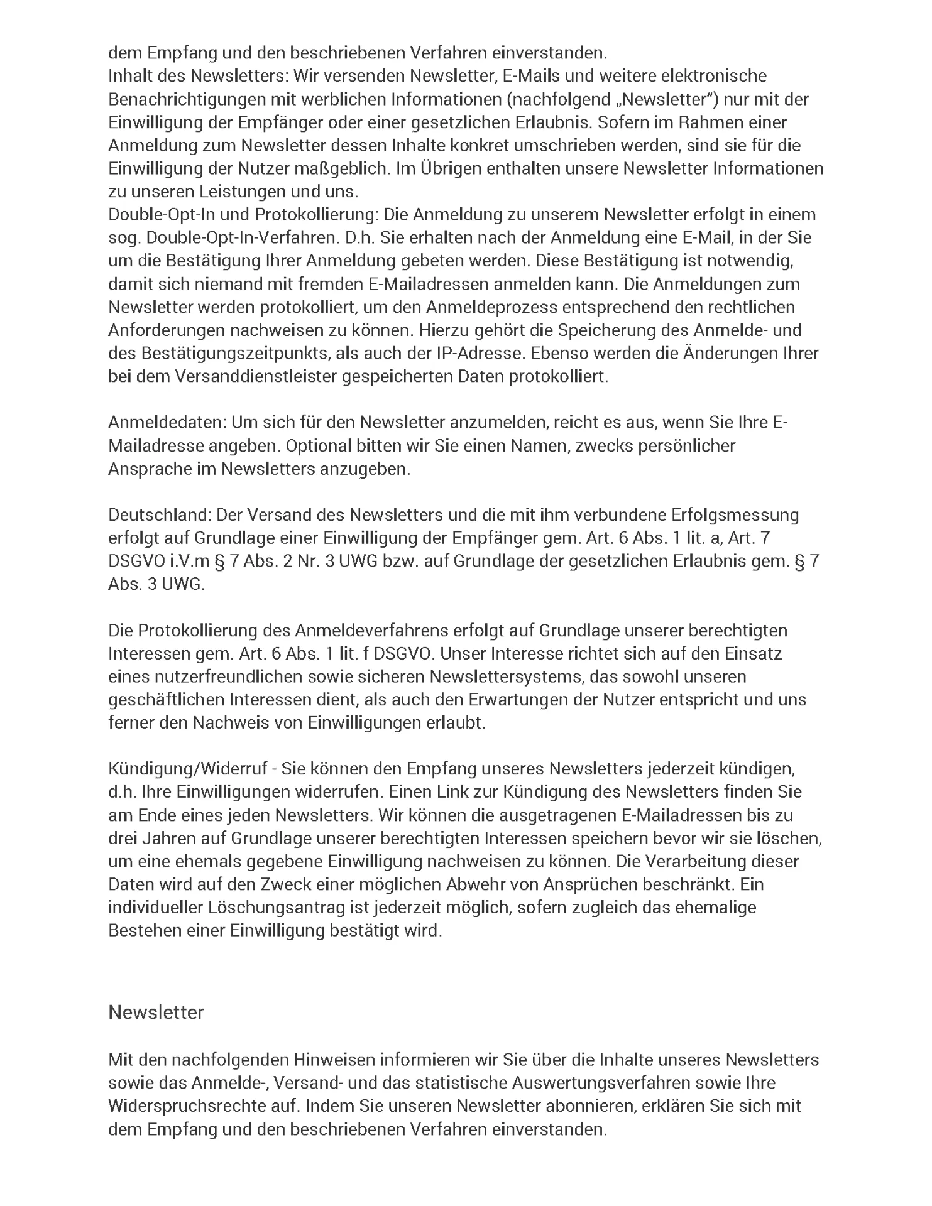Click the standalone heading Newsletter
coord(156,1013)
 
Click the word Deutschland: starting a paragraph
coord(160,515)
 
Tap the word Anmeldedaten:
coord(167,422)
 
